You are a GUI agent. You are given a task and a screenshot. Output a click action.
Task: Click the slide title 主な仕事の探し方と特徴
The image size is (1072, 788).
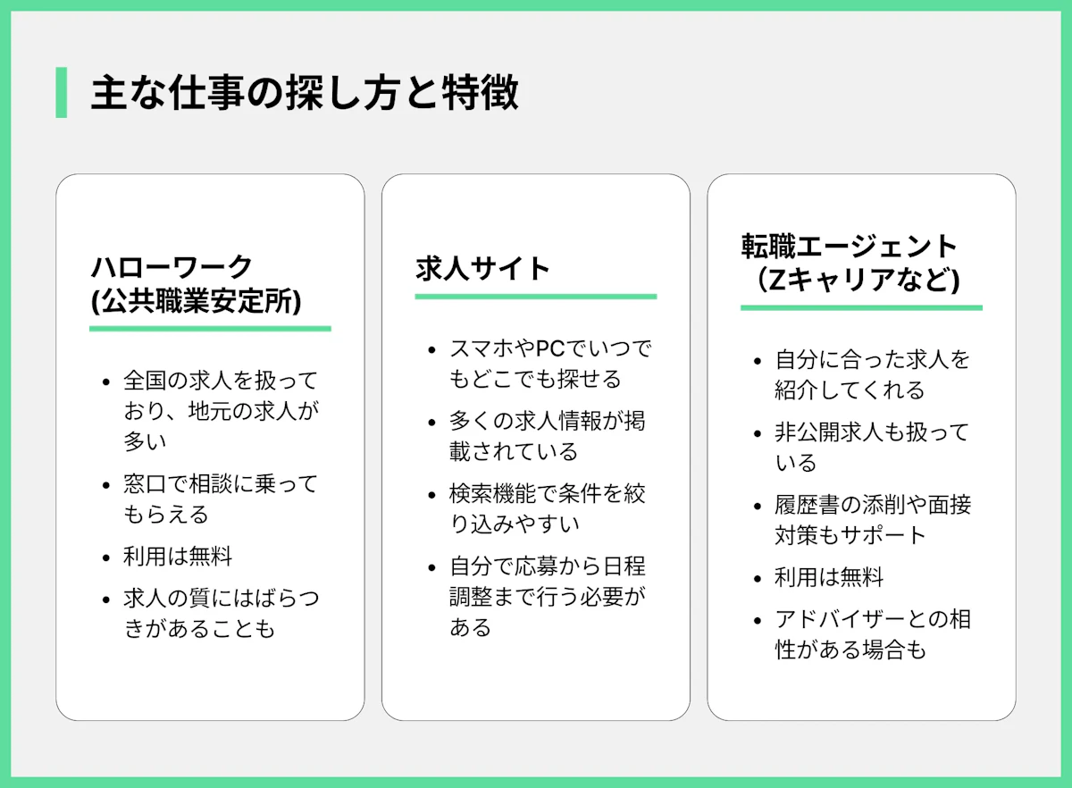click(x=305, y=92)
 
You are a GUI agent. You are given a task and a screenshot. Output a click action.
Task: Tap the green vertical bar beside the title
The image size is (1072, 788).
click(x=62, y=92)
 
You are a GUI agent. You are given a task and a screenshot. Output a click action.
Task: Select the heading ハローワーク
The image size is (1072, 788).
click(x=172, y=267)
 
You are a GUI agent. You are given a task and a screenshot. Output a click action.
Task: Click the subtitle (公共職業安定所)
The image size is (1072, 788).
click(x=197, y=301)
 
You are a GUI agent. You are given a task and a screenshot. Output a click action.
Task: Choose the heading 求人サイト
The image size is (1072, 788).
click(x=482, y=268)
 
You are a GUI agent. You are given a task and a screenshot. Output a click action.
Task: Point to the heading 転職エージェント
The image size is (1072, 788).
click(x=849, y=246)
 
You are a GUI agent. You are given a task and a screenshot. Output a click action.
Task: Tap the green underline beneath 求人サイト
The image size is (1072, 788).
click(x=536, y=297)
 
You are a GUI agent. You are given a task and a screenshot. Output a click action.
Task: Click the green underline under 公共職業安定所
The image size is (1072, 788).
click(x=210, y=329)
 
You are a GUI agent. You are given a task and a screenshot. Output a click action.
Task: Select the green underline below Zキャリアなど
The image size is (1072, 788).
click(x=861, y=308)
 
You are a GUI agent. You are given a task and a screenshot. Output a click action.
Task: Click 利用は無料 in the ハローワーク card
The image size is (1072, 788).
click(x=178, y=557)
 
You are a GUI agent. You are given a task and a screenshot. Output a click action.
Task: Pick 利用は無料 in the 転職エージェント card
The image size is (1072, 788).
click(x=829, y=577)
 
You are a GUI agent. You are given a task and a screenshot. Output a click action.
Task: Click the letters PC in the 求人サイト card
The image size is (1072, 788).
click(x=550, y=348)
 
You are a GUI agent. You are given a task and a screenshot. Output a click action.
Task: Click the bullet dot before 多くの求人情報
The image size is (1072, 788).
click(x=432, y=423)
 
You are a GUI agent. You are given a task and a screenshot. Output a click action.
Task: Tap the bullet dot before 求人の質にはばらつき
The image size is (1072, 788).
click(x=106, y=599)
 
